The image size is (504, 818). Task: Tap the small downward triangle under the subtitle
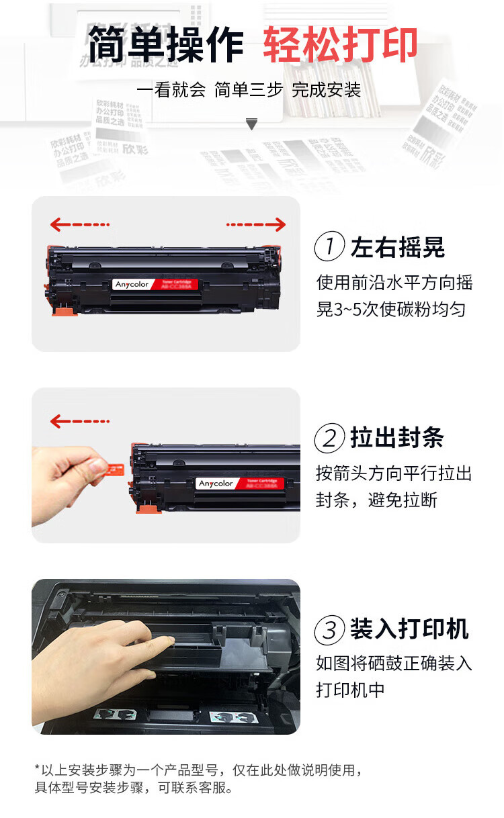252,124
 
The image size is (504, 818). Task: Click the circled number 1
330,247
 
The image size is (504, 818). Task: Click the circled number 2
330,439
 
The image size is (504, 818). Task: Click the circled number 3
330,630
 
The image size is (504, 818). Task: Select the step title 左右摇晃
398,247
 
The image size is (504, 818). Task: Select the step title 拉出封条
398,439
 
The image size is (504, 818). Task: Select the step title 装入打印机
409,630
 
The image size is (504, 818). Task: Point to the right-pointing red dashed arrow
256,224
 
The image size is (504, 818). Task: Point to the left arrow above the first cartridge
79,224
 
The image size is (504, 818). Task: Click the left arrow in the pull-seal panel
79,421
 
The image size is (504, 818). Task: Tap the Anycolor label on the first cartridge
132,285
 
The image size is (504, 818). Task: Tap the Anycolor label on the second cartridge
216,484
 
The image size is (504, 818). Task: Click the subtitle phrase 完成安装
327,90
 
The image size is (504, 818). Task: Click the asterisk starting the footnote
37,768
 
